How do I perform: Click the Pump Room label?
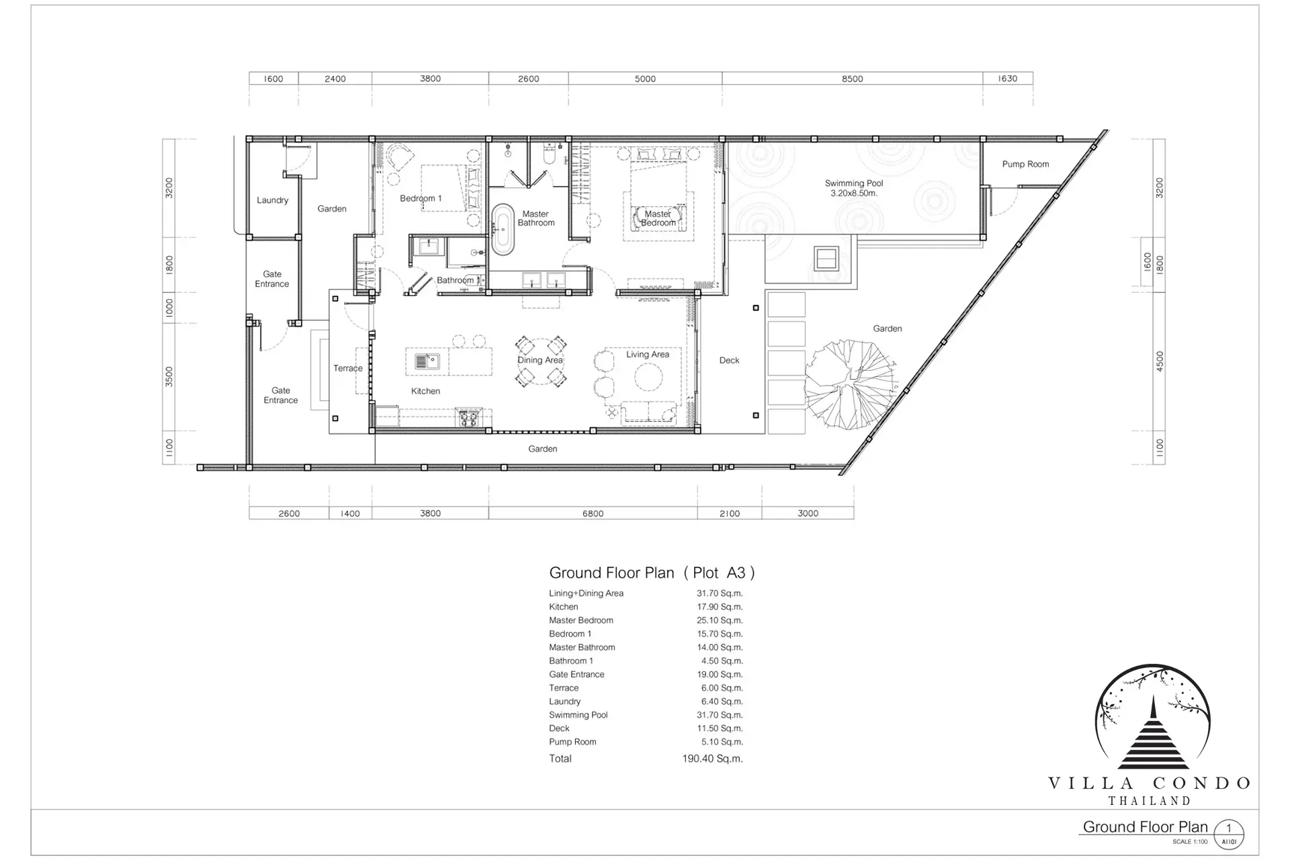coord(1025,164)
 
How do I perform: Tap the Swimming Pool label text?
coord(854,183)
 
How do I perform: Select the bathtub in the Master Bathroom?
coord(502,229)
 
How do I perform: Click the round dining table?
coord(540,361)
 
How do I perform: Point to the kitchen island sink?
coord(427,361)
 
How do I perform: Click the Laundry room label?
coord(272,200)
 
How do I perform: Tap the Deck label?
coord(729,360)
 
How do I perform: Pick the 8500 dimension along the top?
coord(853,79)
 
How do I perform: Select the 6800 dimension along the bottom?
coord(593,513)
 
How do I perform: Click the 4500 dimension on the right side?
coord(1159,361)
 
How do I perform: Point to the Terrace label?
coord(348,368)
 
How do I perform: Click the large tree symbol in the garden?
coord(850,384)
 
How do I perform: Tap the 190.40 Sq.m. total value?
coord(712,759)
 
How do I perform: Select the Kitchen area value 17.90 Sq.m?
coord(720,607)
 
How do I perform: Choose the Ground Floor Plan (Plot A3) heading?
coord(652,572)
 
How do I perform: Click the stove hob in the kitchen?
coord(468,418)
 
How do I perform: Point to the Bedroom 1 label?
coord(421,198)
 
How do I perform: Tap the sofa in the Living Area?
coord(649,413)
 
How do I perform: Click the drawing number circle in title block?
coord(1229,834)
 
